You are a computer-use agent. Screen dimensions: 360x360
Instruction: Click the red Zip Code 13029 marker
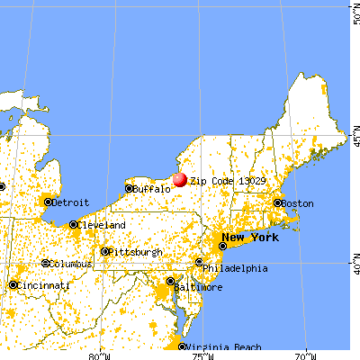(179, 179)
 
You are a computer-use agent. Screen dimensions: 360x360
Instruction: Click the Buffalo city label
(150, 189)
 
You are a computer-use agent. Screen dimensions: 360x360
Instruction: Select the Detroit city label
(70, 202)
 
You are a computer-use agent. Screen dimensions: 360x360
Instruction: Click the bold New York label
(250, 238)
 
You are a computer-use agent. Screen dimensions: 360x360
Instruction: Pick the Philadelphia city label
(236, 267)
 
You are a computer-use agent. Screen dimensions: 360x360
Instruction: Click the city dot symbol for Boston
(277, 203)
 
